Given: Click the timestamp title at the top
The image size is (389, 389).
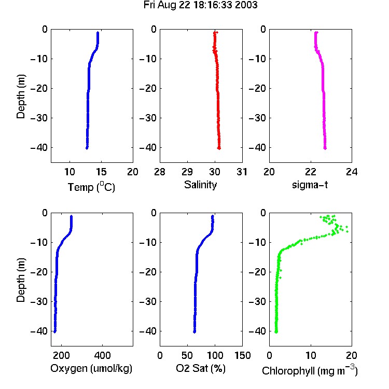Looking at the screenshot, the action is [x=200, y=5].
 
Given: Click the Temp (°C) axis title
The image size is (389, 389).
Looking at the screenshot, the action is [x=91, y=187].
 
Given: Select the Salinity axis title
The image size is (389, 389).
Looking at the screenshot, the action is [x=200, y=185].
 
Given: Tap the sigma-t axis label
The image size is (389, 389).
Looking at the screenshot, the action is [x=310, y=185].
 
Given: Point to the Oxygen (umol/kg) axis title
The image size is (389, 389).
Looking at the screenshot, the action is [x=91, y=369].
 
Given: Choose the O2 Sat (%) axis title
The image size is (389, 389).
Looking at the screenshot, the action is [x=201, y=368].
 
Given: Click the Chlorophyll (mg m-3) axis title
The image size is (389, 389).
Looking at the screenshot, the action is [x=310, y=370].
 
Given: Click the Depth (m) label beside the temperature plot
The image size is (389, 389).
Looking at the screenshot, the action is [x=21, y=96].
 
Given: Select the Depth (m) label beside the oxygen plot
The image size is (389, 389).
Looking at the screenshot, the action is [x=21, y=280].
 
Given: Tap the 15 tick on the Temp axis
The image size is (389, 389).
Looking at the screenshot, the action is [x=101, y=172].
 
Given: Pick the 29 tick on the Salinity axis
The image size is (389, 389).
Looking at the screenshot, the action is [x=187, y=172].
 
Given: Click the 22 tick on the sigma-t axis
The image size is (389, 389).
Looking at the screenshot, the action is [x=310, y=172].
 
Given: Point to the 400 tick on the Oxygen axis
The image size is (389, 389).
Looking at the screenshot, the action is [x=102, y=355].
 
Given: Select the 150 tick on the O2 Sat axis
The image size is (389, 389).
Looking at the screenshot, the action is [x=242, y=355].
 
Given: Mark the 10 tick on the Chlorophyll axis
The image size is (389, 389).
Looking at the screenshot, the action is [x=310, y=355].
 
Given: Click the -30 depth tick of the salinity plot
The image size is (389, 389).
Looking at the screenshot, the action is [x=148, y=118].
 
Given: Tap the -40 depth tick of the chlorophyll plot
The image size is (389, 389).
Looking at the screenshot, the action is [x=257, y=331].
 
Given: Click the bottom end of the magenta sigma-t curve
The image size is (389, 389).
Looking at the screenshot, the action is [x=325, y=148].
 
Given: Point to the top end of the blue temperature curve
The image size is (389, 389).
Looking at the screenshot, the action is [x=98, y=33].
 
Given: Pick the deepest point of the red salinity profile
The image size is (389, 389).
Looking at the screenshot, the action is [x=219, y=148].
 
